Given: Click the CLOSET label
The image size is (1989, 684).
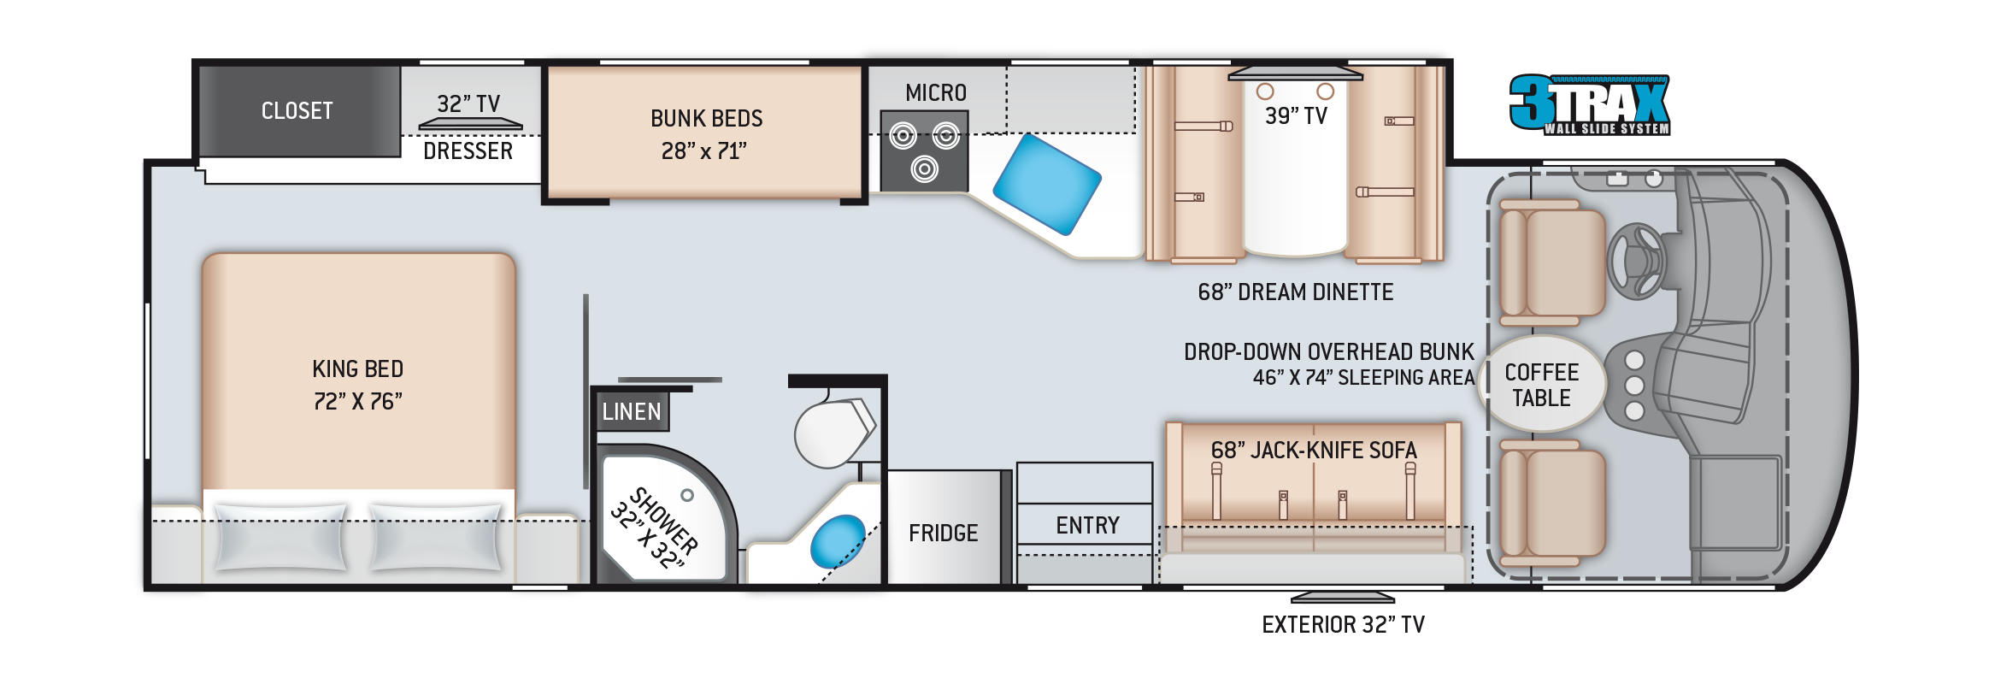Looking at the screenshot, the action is coord(297,111).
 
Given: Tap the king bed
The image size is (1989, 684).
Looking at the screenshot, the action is coord(358,385).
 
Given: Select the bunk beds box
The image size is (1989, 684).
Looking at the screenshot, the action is coord(705,133).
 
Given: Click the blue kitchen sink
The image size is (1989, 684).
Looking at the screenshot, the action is coord(1046,183).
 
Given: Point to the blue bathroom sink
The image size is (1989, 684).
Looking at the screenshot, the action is coord(838,540).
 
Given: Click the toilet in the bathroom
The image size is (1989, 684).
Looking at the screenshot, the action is coord(833,432).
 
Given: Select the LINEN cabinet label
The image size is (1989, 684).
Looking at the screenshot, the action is coord(632,412).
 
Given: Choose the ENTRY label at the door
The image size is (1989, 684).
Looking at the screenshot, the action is coord(1087,525).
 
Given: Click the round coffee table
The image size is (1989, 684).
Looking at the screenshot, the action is coord(1543,385).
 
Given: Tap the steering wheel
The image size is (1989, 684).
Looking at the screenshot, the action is coord(1635,260).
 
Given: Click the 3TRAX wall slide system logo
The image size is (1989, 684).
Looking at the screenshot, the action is coord(1589,104).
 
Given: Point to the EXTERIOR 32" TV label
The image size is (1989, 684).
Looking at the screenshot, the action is coord(1343,625).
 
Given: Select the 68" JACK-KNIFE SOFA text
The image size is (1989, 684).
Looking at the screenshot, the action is coord(1314,451).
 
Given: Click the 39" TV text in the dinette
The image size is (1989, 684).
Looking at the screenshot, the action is coord(1296,115).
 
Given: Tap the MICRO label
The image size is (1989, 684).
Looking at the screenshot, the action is coord(936,93).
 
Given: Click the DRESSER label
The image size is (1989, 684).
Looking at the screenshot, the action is coord(468,151).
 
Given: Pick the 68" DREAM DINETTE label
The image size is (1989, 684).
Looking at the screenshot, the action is coord(1296,292).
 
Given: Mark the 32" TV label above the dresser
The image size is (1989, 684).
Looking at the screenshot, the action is coord(468,104).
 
